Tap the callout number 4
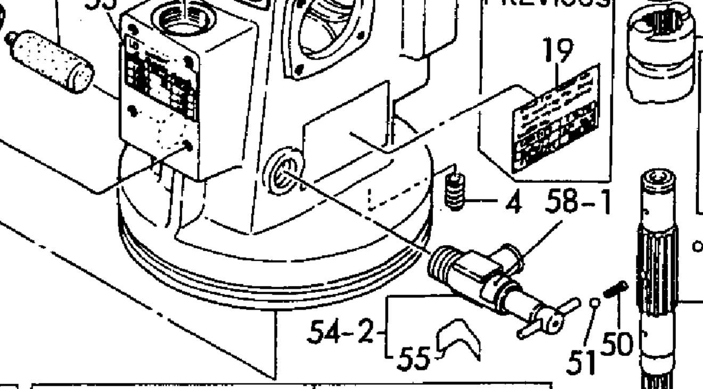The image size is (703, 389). [512, 203]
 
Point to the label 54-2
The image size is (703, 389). [341, 332]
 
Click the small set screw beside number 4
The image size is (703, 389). [454, 193]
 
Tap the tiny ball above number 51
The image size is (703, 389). [595, 303]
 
